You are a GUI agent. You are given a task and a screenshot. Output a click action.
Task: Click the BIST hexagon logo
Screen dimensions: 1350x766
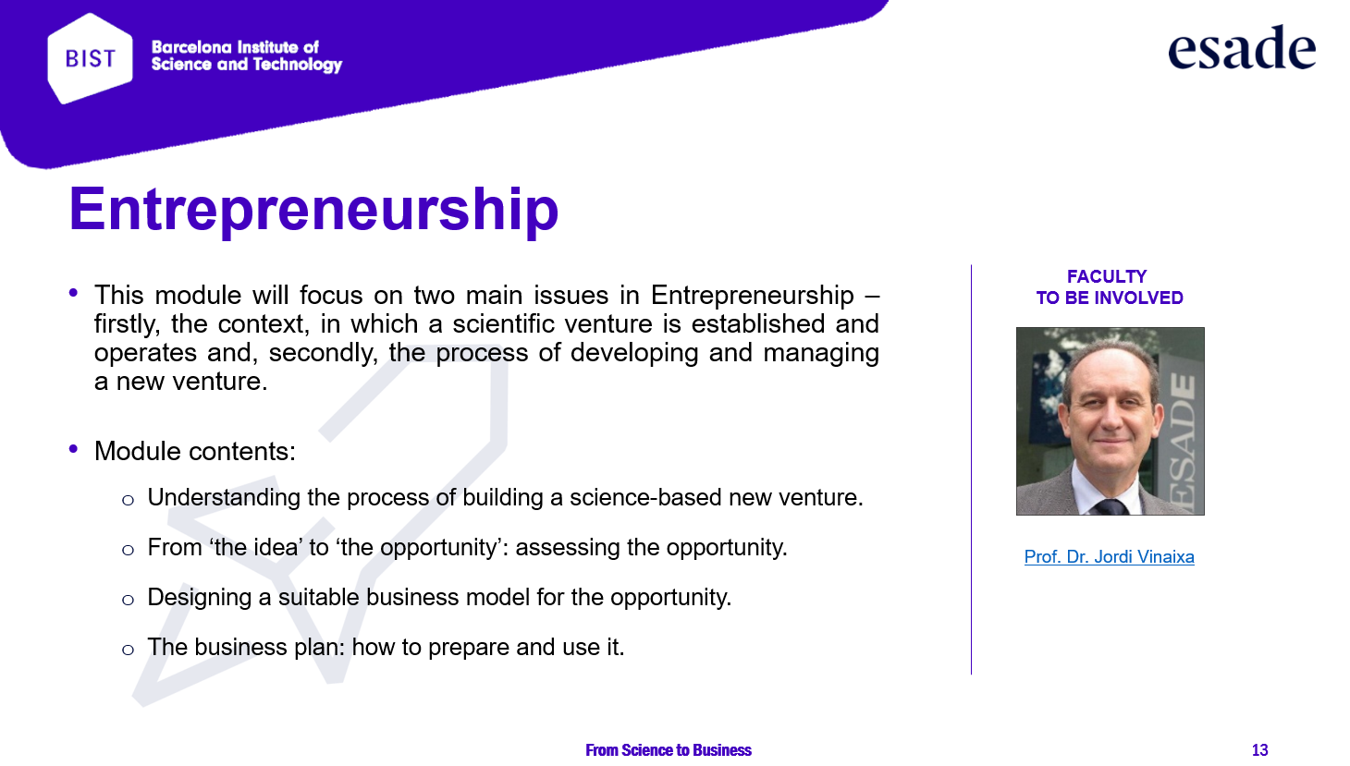(x=90, y=58)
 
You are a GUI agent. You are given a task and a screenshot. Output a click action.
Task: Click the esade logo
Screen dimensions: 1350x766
(x=1242, y=47)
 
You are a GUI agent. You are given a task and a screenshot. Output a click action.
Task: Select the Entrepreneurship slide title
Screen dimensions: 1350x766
(x=313, y=209)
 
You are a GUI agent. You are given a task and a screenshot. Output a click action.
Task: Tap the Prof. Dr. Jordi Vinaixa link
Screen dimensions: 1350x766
(x=1109, y=556)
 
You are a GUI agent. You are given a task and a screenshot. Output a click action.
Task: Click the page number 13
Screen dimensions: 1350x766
(x=1259, y=749)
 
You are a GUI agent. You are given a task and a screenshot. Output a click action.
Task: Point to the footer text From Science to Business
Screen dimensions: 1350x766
(x=669, y=749)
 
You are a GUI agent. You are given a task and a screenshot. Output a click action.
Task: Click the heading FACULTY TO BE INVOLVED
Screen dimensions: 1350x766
(x=1109, y=287)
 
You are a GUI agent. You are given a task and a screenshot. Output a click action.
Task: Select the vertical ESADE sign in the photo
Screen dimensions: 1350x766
(x=1184, y=440)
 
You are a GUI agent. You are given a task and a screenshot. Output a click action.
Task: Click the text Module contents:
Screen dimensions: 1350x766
(x=195, y=451)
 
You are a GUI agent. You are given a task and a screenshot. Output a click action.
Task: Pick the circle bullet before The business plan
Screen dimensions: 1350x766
(x=128, y=650)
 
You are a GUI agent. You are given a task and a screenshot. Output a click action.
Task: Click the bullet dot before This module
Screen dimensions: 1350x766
(x=74, y=293)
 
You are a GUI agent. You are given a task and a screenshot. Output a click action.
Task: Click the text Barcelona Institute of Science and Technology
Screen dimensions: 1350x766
(x=246, y=56)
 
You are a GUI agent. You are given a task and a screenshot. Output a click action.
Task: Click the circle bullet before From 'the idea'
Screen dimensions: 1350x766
(x=128, y=549)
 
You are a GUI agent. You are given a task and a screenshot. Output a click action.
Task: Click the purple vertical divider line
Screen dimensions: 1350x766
(x=972, y=469)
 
